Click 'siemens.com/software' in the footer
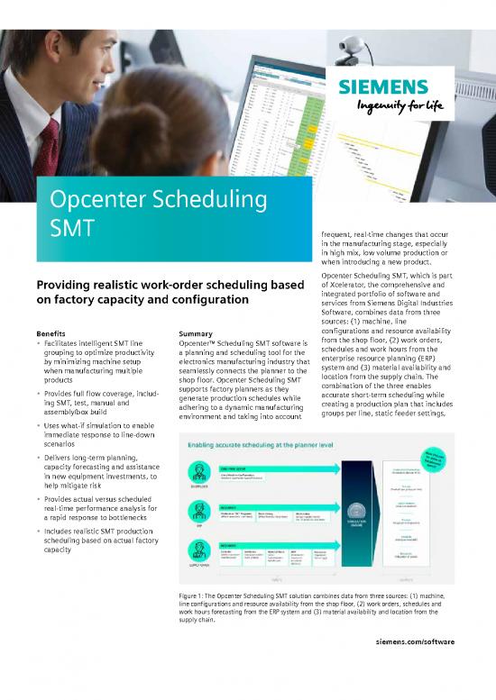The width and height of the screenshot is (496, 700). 417,668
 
